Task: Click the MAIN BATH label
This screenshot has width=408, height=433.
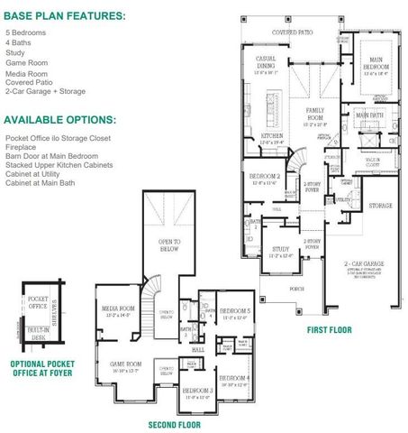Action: pyautogui.click(x=369, y=115)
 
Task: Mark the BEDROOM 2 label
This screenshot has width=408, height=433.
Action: pyautogui.click(x=263, y=177)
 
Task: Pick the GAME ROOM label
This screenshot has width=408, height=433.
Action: pyautogui.click(x=125, y=364)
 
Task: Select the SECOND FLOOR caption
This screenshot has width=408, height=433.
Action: pyautogui.click(x=175, y=424)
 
